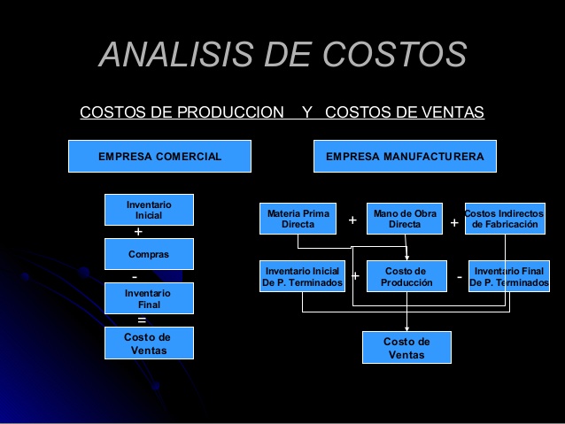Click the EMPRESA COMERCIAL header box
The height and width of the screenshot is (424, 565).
pos(160,157)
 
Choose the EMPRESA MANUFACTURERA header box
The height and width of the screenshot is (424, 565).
pos(405,157)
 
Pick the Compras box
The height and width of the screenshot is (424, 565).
pos(149,254)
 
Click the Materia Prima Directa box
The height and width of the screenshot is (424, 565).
pos(298,219)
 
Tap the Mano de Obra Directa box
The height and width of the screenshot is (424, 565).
pos(405,219)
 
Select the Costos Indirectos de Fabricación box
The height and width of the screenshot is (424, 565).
pos(504,219)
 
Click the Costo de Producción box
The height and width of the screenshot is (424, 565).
pos(406,276)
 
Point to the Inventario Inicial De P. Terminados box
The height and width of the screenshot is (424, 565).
pos(302,276)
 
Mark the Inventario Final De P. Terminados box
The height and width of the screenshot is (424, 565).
pos(508,276)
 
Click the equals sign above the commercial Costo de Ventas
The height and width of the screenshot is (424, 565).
pos(141,320)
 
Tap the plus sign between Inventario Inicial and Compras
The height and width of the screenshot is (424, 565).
pos(137,232)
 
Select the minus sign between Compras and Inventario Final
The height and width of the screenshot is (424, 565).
pos(135,276)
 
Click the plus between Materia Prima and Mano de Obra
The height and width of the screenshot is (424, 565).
pos(352,220)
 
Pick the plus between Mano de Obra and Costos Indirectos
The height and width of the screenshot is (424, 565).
pos(454,223)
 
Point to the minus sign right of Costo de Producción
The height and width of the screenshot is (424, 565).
pos(460,276)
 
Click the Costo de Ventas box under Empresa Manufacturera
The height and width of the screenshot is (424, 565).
pos(406,347)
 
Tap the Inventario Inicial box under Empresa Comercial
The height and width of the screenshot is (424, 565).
pos(149,210)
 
